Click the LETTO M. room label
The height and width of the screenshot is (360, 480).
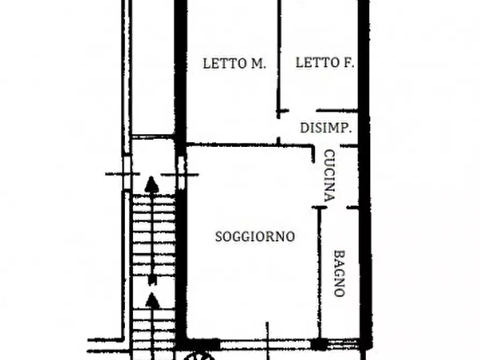pyautogui.click(x=234, y=63)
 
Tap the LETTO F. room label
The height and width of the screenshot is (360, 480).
pyautogui.click(x=325, y=63)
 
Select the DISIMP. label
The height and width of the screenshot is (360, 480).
pyautogui.click(x=326, y=128)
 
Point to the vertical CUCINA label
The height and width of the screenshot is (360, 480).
pyautogui.click(x=329, y=175)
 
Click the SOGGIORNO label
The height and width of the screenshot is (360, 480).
pyautogui.click(x=255, y=236)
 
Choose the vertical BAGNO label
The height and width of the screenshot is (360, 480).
pyautogui.click(x=339, y=273)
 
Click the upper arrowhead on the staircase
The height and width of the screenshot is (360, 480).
pyautogui.click(x=153, y=184)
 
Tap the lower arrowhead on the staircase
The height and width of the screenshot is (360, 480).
pyautogui.click(x=153, y=300)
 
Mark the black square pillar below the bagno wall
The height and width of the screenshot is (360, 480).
pyautogui.click(x=319, y=344)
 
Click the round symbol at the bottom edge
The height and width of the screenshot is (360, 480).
pyautogui.click(x=199, y=356)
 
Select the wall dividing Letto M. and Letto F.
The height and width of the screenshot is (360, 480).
pyautogui.click(x=278, y=54)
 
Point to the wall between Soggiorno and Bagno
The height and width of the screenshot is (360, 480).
pyautogui.click(x=320, y=269)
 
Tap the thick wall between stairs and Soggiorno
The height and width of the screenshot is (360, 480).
pyautogui.click(x=181, y=258)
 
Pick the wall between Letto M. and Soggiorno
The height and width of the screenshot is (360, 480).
pyautogui.click(x=231, y=144)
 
